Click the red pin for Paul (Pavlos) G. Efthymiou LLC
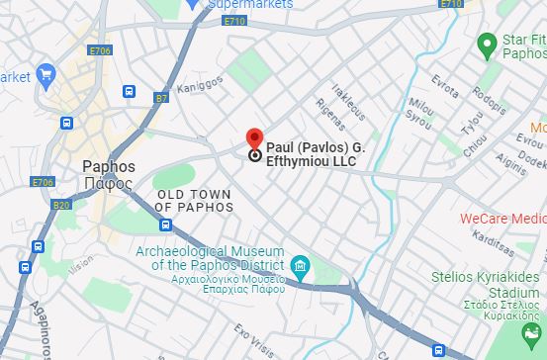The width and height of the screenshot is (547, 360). (x=254, y=139)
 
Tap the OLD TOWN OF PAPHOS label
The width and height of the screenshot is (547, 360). (x=195, y=201)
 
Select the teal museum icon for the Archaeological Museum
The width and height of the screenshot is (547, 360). (x=300, y=264)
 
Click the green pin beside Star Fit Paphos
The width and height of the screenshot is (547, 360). (x=486, y=43)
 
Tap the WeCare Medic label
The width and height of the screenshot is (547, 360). (x=502, y=218)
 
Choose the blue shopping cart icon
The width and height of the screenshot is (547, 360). (x=46, y=74)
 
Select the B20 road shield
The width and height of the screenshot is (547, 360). (x=61, y=205)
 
